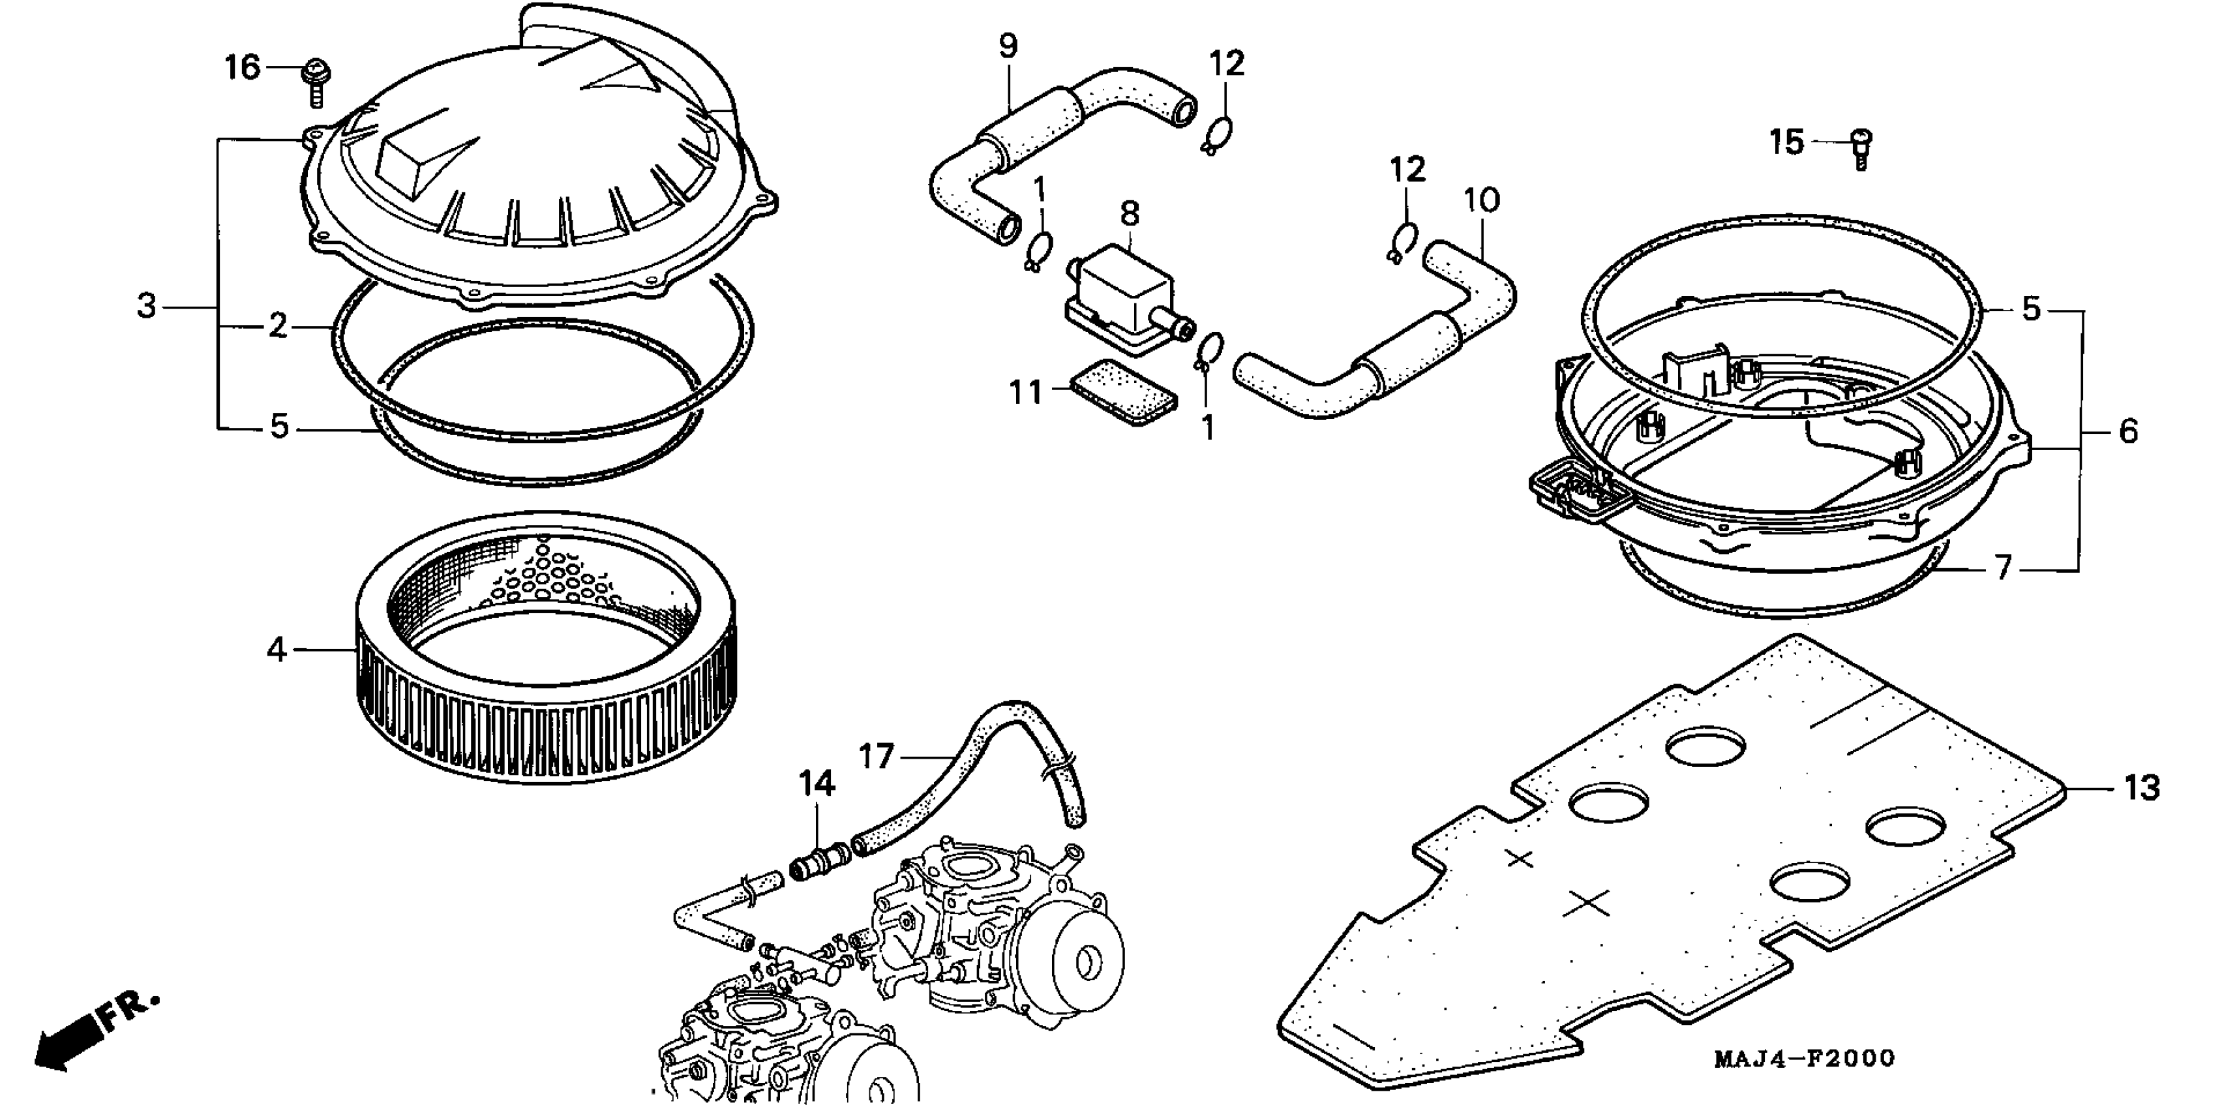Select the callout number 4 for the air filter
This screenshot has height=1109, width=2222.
[276, 649]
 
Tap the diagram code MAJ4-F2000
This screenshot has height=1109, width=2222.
[1804, 1058]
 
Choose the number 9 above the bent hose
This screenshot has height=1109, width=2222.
[1008, 45]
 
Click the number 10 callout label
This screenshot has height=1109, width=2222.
[1482, 200]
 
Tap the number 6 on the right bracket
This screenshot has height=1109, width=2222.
[2128, 431]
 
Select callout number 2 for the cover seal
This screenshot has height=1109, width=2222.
[277, 326]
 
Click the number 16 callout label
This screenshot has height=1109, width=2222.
[243, 67]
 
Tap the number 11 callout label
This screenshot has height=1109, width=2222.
[1027, 393]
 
